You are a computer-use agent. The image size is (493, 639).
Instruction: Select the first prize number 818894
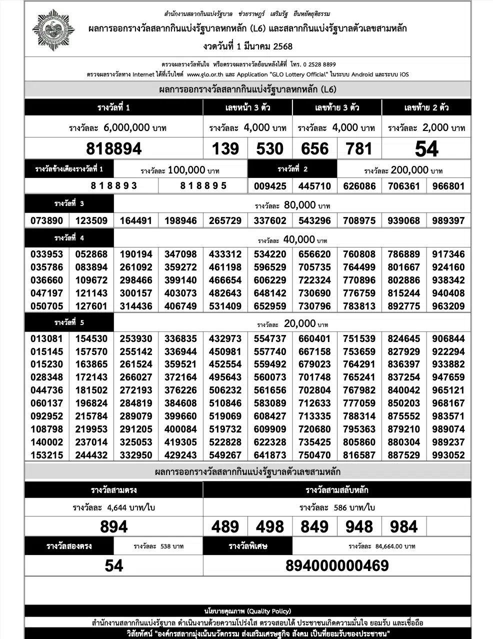pyautogui.click(x=114, y=148)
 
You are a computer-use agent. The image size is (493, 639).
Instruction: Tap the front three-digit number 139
pyautogui.click(x=225, y=148)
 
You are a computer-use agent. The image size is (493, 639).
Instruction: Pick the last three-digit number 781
pyautogui.click(x=359, y=148)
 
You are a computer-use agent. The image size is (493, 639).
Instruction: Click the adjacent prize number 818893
pyautogui.click(x=114, y=185)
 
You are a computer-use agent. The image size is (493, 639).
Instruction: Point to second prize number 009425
pyautogui.click(x=270, y=186)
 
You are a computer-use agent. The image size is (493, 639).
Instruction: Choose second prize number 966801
pyautogui.click(x=448, y=186)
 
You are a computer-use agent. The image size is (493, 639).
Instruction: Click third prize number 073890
pyautogui.click(x=47, y=220)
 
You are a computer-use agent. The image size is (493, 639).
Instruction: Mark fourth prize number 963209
pyautogui.click(x=448, y=306)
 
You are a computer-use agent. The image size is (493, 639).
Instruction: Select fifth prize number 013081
pyautogui.click(x=47, y=338)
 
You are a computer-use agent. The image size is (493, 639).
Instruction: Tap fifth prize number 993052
pyautogui.click(x=448, y=455)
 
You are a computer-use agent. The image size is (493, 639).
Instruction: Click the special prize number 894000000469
pyautogui.click(x=337, y=565)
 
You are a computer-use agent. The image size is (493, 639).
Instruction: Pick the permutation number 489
pyautogui.click(x=225, y=526)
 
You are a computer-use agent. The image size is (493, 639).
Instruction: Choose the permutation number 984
pyautogui.click(x=403, y=526)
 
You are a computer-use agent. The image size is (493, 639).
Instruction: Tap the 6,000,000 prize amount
pyautogui.click(x=126, y=127)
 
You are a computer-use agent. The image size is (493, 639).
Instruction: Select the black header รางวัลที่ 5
pyautogui.click(x=69, y=322)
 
